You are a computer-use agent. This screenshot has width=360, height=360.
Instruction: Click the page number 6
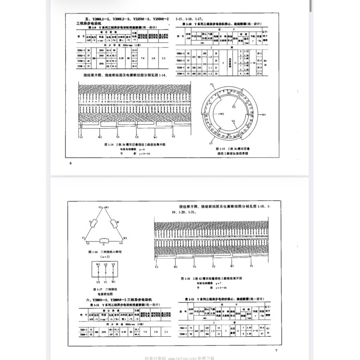pyautogui.click(x=71, y=163)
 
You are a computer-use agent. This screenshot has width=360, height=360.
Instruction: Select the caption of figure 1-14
pyautogui.click(x=135, y=144)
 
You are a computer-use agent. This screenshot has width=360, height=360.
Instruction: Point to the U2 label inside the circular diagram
pyautogui.click(x=234, y=108)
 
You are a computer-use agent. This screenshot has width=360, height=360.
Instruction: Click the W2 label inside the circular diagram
pyautogui.click(x=221, y=115)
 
